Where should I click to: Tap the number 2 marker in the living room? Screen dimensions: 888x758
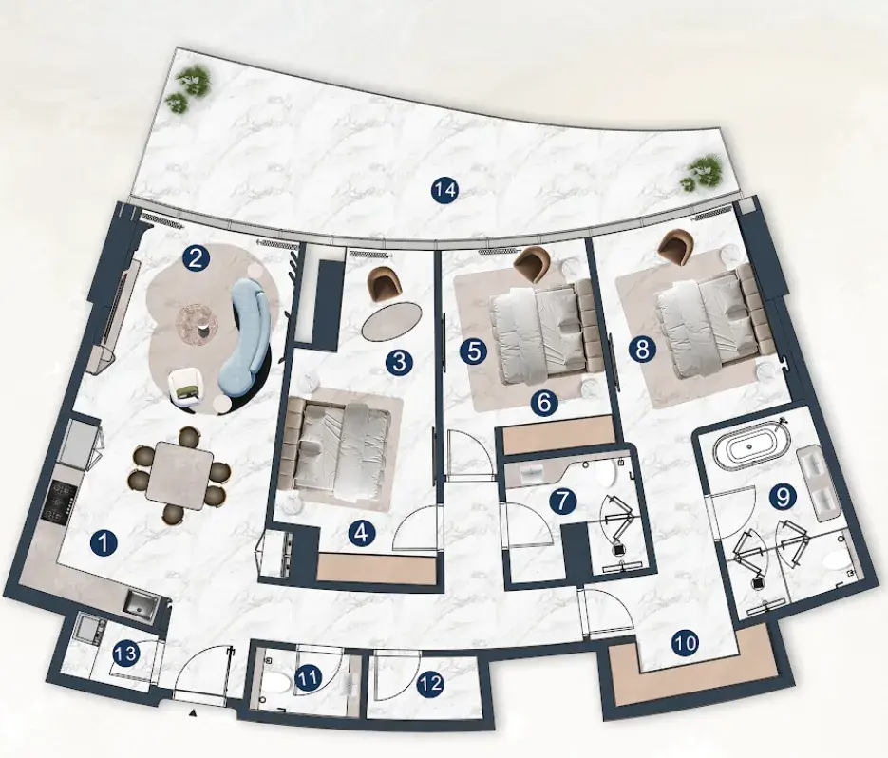click(x=196, y=259)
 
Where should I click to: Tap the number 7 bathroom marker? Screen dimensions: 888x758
click(x=562, y=501)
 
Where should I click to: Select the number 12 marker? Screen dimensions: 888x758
click(x=430, y=683)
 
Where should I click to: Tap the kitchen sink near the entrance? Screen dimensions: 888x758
click(x=140, y=604)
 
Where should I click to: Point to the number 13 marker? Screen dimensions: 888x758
click(x=125, y=654)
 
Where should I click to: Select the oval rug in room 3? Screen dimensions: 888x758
click(x=392, y=321)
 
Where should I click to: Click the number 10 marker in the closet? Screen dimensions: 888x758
click(x=685, y=642)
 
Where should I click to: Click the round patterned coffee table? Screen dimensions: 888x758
click(x=197, y=324)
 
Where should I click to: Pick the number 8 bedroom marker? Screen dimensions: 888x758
click(x=642, y=349)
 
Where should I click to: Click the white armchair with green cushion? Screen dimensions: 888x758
click(x=186, y=387)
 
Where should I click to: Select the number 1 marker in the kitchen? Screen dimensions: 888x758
click(x=104, y=543)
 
